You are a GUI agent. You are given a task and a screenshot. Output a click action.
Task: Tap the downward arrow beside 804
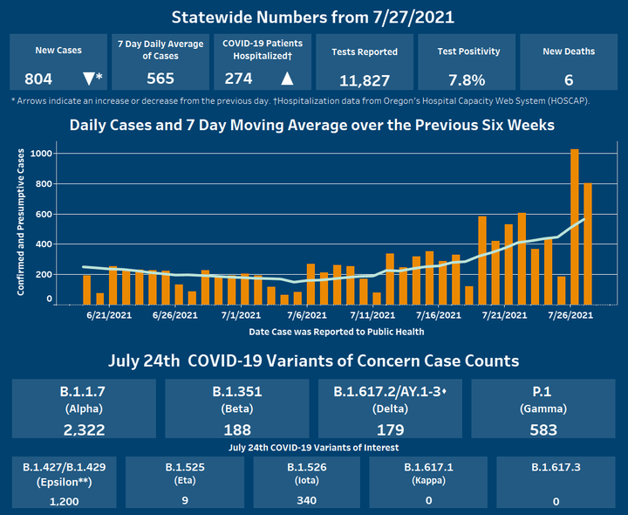pos(88,79)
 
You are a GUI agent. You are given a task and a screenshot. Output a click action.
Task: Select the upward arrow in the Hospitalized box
pos(287,79)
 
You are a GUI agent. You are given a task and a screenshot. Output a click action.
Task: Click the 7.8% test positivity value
pos(467,79)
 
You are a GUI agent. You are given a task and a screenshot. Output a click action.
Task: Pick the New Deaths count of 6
pos(568,79)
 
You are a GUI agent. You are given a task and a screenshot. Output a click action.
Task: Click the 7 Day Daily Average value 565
pos(160,79)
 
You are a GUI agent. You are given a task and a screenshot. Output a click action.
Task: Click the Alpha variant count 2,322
pos(85,429)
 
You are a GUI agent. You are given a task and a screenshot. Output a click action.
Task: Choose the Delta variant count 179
pos(391,429)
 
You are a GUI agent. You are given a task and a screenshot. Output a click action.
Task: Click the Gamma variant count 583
pos(543,429)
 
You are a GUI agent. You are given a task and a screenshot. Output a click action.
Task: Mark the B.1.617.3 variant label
pos(556,467)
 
